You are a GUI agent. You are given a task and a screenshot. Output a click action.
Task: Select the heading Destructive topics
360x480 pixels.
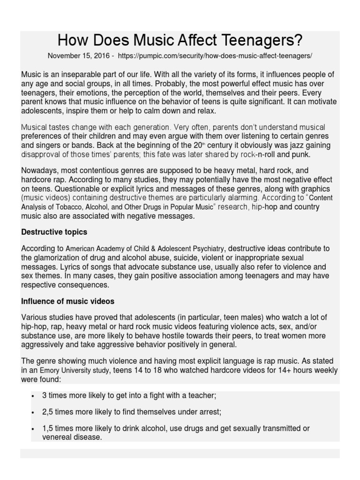tap(54, 232)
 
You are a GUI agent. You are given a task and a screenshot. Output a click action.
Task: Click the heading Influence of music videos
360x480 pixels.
tap(67, 301)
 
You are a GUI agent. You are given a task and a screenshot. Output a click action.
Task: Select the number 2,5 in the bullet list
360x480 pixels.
tap(48, 412)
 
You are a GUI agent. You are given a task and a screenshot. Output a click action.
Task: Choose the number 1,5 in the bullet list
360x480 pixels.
tap(48, 428)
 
